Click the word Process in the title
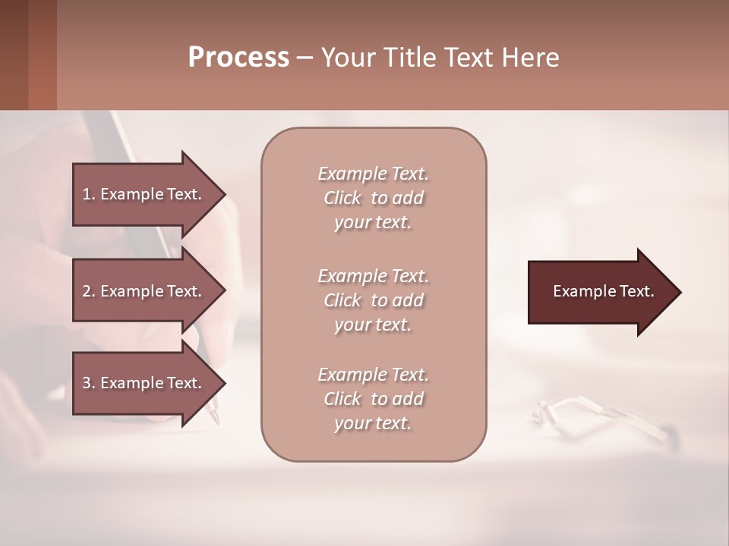pos(238,58)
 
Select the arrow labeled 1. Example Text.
pos(144,194)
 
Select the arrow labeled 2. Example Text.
pos(144,291)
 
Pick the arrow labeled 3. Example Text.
pos(144,383)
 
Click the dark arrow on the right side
pos(600,291)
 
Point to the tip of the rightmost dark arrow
pos(680,291)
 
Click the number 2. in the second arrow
pos(88,291)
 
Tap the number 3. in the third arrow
pos(88,383)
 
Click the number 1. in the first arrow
pos(88,194)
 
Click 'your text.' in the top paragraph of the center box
pos(373,223)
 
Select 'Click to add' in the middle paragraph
pos(373,300)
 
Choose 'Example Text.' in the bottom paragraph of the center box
pos(373,375)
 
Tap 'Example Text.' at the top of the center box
pos(373,174)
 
